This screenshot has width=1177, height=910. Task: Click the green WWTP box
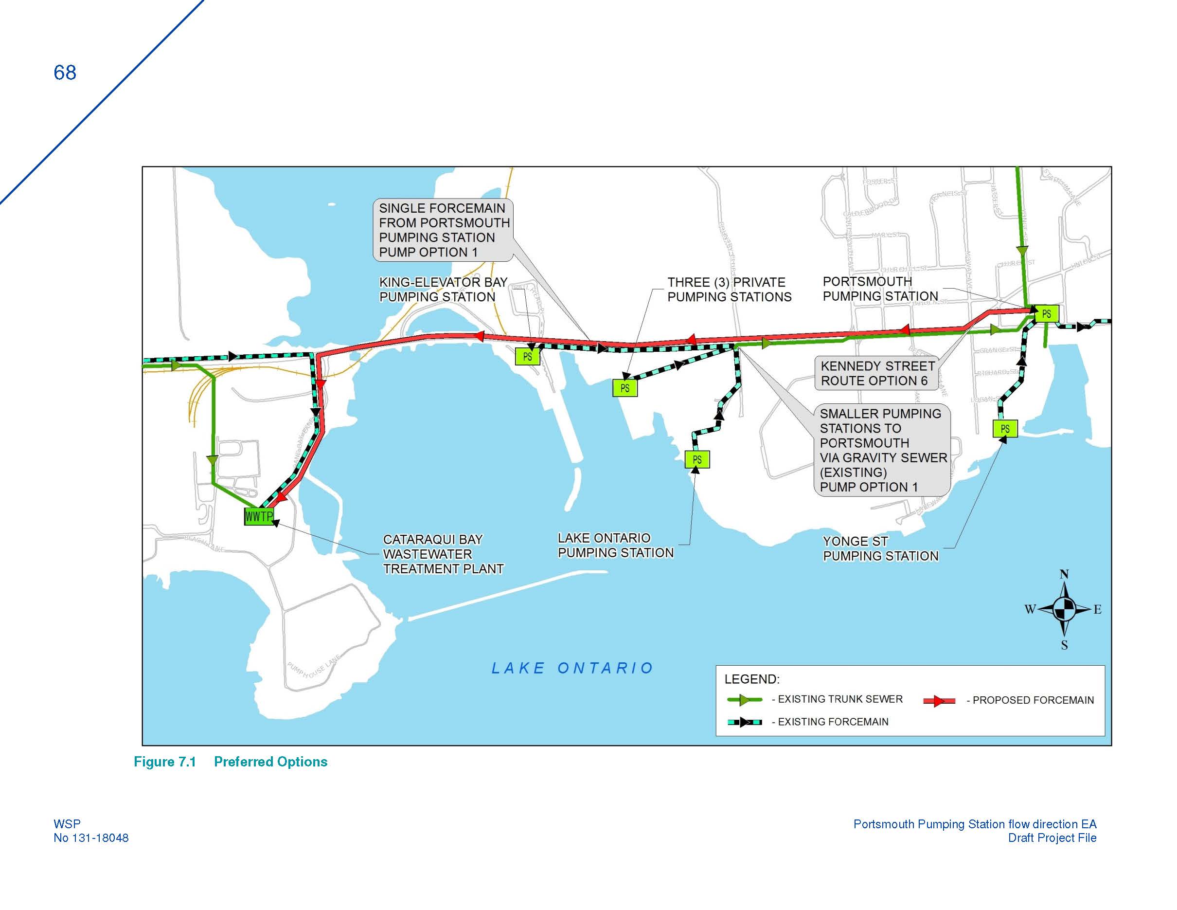point(259,516)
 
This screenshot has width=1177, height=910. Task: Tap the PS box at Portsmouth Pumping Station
point(1046,314)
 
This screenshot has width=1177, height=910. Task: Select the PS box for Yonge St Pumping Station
point(1004,429)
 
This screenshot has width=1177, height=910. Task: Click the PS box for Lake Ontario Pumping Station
point(697,460)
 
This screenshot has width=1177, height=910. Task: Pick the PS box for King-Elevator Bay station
point(527,357)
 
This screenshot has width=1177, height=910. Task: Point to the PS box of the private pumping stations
point(624,388)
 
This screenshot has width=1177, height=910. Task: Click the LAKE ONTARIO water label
point(572,669)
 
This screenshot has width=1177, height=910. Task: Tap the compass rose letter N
point(1064,575)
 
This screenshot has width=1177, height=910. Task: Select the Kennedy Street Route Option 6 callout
point(877,373)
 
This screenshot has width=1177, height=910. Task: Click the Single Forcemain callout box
point(443,230)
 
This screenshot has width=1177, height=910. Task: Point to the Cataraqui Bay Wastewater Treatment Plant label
point(443,554)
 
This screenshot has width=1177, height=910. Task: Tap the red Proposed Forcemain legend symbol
point(939,701)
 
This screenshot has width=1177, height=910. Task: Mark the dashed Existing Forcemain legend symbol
point(744,722)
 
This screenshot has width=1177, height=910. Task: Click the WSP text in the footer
point(67,824)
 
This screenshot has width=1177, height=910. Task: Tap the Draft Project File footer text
point(1052,838)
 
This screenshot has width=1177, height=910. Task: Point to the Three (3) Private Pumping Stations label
point(729,290)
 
